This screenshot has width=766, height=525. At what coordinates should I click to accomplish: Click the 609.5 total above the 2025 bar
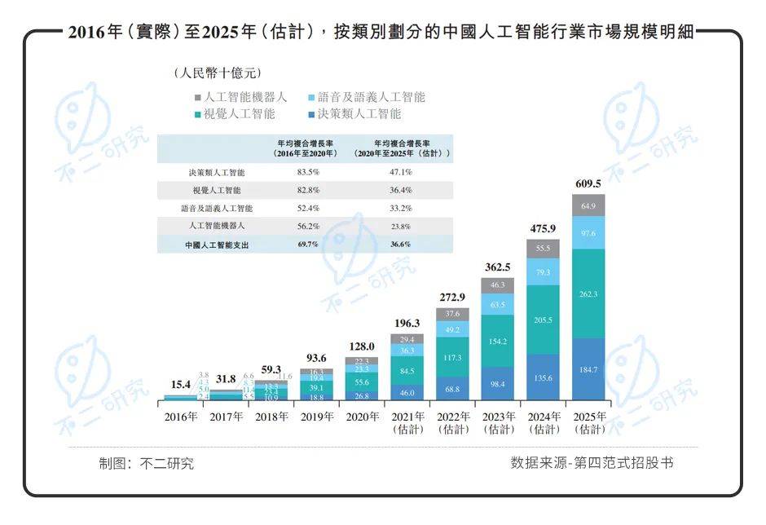point(588,183)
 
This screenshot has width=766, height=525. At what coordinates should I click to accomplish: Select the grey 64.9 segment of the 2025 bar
point(588,205)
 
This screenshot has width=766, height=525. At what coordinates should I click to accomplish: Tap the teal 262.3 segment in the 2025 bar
point(588,293)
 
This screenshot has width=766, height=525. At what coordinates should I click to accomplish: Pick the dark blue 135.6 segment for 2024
point(544,378)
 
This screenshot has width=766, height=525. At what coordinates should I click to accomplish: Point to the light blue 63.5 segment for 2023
point(499,305)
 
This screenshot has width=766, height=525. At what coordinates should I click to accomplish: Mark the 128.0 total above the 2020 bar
point(361,346)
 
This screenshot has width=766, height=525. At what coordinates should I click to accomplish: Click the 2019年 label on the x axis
point(316,417)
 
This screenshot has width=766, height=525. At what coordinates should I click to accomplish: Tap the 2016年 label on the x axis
point(181,417)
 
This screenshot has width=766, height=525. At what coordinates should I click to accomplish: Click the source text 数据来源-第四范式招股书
point(592,463)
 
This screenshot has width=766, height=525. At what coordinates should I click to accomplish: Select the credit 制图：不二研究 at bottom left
point(147,464)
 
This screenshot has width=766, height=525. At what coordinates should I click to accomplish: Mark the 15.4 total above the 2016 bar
point(181,384)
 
